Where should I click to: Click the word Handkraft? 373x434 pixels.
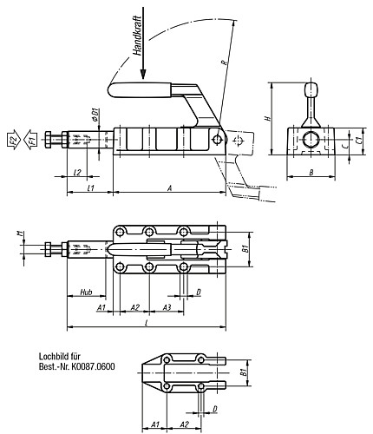pyautogui.click(x=137, y=35)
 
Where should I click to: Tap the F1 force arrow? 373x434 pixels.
pyautogui.click(x=29, y=140)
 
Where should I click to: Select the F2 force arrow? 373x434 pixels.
pyautogui.click(x=14, y=140)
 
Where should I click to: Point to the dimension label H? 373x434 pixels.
pyautogui.click(x=268, y=118)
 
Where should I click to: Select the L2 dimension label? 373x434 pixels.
pyautogui.click(x=77, y=173)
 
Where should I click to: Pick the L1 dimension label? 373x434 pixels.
pyautogui.click(x=90, y=188)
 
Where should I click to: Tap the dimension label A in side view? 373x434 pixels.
pyautogui.click(x=170, y=188)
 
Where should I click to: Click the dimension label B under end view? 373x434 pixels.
pyautogui.click(x=311, y=173)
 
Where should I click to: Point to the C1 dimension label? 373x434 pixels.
pyautogui.click(x=358, y=141)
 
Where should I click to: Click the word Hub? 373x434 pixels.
pyautogui.click(x=86, y=292)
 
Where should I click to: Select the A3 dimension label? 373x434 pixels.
pyautogui.click(x=167, y=307)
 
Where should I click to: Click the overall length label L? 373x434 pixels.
pyautogui.click(x=147, y=323)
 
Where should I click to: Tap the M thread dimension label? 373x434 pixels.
pyautogui.click(x=19, y=233)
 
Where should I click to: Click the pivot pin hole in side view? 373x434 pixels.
pyautogui.click(x=217, y=140)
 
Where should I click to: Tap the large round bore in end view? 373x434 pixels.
pyautogui.click(x=311, y=140)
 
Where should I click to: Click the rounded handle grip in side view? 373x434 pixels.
pyautogui.click(x=140, y=89)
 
